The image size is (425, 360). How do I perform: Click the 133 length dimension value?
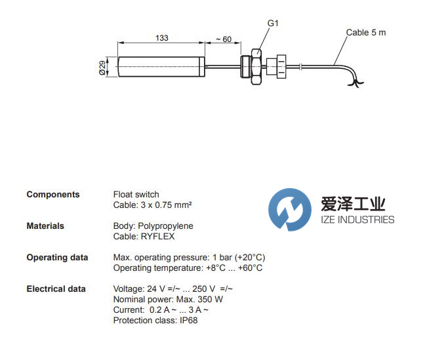[x=162, y=37]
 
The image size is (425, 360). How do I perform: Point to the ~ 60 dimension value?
[x=224, y=39]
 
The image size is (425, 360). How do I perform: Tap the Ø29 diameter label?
[x=102, y=68]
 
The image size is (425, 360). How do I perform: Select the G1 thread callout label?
[x=273, y=24]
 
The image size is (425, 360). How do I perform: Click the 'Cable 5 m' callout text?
[x=366, y=33]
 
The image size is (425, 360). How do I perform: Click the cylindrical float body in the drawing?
[x=161, y=67]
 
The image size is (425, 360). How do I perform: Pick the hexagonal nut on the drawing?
[x=256, y=67]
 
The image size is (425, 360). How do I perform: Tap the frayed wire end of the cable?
[x=355, y=83]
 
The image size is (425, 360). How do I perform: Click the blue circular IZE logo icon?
[x=290, y=210]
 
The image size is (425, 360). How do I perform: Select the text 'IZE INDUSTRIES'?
[x=357, y=220]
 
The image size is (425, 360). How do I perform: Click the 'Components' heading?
[x=53, y=194]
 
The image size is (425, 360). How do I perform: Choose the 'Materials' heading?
[x=45, y=226]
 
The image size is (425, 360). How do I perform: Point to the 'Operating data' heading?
[x=57, y=257]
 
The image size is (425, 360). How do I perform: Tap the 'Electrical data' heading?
[x=56, y=289]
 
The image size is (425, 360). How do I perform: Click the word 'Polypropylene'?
[x=166, y=226]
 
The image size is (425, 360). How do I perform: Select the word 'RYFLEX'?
[x=157, y=236]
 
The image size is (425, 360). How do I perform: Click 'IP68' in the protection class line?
[x=189, y=320]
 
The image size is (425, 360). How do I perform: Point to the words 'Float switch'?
[x=136, y=194]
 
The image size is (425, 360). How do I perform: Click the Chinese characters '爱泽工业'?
[x=353, y=204]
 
